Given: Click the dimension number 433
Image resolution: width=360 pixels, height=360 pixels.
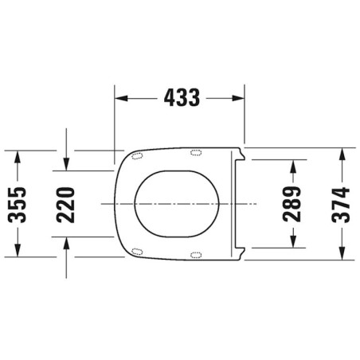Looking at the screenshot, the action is [182, 98].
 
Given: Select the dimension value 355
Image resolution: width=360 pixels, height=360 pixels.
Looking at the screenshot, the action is [17, 205].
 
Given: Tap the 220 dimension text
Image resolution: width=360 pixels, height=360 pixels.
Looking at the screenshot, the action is [65, 205].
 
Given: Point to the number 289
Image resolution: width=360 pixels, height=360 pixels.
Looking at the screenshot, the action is [292, 204].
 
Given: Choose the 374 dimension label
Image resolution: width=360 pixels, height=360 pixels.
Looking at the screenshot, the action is [341, 205].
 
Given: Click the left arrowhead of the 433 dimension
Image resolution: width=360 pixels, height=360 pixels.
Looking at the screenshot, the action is [121, 98].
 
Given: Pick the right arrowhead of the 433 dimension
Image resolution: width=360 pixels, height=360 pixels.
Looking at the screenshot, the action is [238, 98].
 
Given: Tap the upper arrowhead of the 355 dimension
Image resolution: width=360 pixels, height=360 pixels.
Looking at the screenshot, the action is [18, 157].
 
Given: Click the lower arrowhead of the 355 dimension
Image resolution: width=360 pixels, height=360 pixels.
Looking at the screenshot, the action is [18, 250].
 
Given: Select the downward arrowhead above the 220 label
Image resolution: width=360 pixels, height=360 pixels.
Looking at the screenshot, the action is [66, 164].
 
